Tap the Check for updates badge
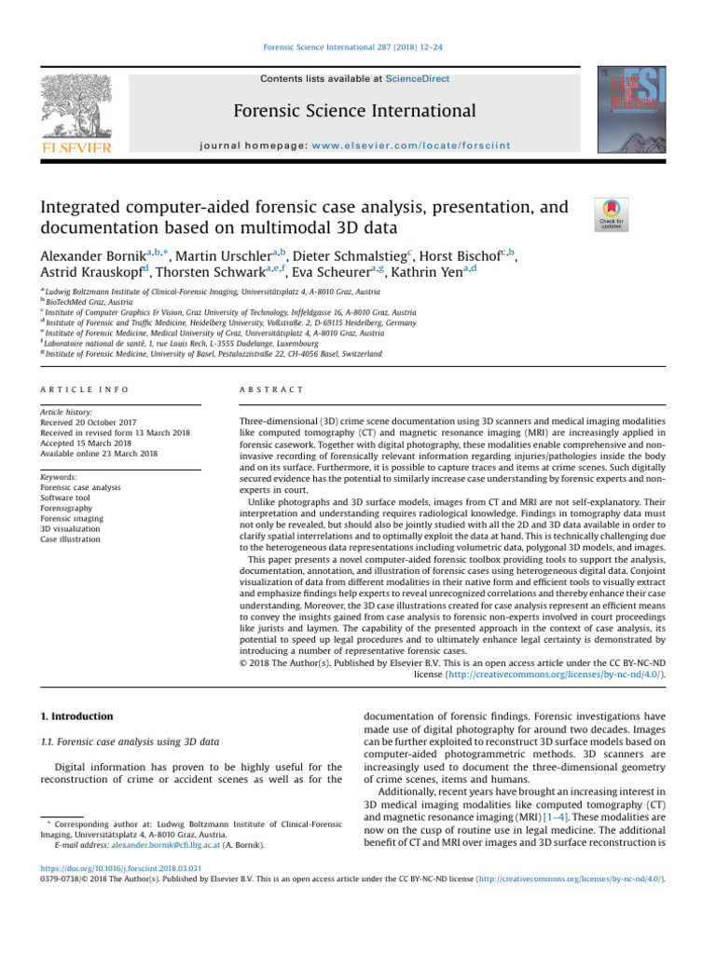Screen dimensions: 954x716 (611, 214)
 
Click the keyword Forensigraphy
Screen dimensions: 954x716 (69, 497)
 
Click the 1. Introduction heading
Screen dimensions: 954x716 (75, 716)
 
